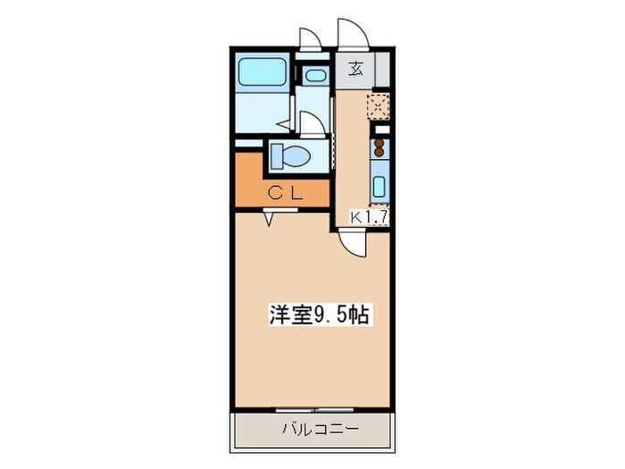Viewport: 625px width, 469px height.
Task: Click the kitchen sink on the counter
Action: (379, 188)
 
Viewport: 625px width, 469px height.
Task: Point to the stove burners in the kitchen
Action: (379, 146)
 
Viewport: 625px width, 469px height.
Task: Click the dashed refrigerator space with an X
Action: (379, 106)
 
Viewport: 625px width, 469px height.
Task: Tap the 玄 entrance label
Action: (354, 68)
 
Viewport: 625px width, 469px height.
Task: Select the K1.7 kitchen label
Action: (367, 216)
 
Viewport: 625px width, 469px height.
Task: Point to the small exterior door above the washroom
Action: (310, 38)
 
